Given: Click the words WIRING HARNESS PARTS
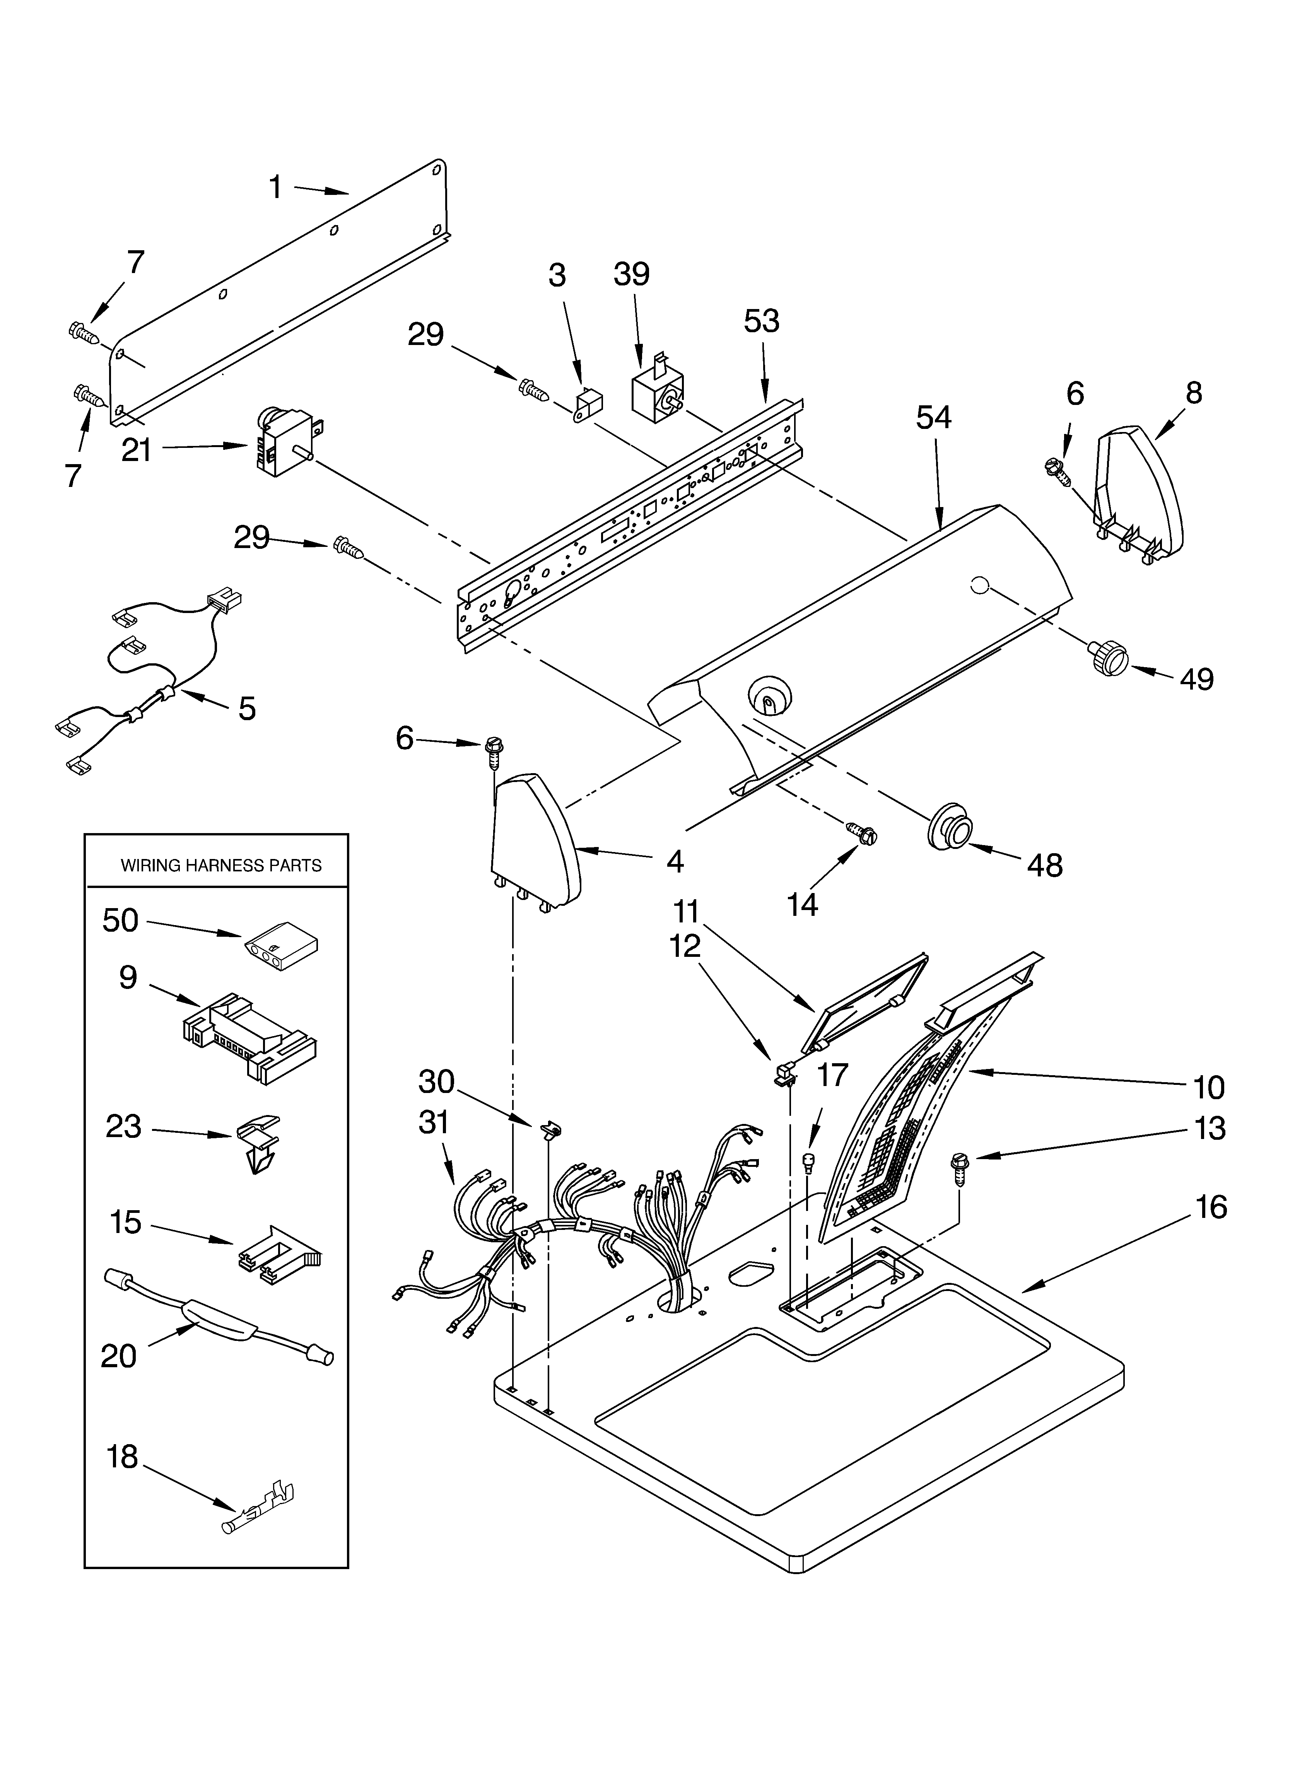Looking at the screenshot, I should [x=221, y=866].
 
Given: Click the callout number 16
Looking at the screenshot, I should [x=1211, y=1207].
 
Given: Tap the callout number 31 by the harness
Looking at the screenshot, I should [x=434, y=1122].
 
